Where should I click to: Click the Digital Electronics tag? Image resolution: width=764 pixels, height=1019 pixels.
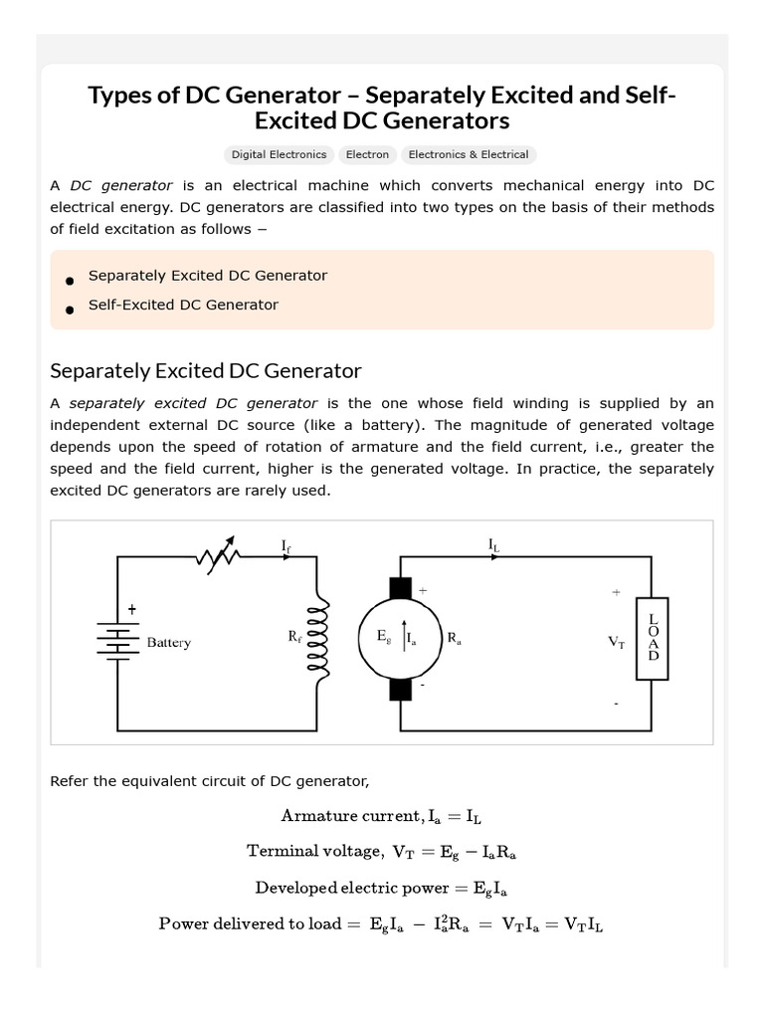tap(279, 154)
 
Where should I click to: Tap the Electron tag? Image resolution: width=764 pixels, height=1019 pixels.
tap(367, 154)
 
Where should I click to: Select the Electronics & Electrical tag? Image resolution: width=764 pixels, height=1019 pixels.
tap(468, 154)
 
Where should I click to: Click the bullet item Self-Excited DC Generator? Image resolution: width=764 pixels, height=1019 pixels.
tap(183, 305)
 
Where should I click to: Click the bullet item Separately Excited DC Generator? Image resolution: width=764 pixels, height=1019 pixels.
tap(207, 275)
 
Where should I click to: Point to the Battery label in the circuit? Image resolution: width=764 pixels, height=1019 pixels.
tap(168, 643)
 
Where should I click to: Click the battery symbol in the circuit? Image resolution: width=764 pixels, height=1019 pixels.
tap(118, 640)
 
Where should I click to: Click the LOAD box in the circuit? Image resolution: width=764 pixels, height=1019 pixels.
tap(653, 638)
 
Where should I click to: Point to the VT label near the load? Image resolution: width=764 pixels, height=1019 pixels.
tap(617, 643)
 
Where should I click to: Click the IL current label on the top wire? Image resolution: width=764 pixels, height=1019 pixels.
tap(494, 544)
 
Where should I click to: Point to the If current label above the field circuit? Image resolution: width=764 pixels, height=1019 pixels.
tap(287, 544)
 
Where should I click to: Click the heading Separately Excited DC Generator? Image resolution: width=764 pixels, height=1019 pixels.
tap(206, 370)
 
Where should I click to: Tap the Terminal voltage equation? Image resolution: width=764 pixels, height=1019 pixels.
tap(381, 851)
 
